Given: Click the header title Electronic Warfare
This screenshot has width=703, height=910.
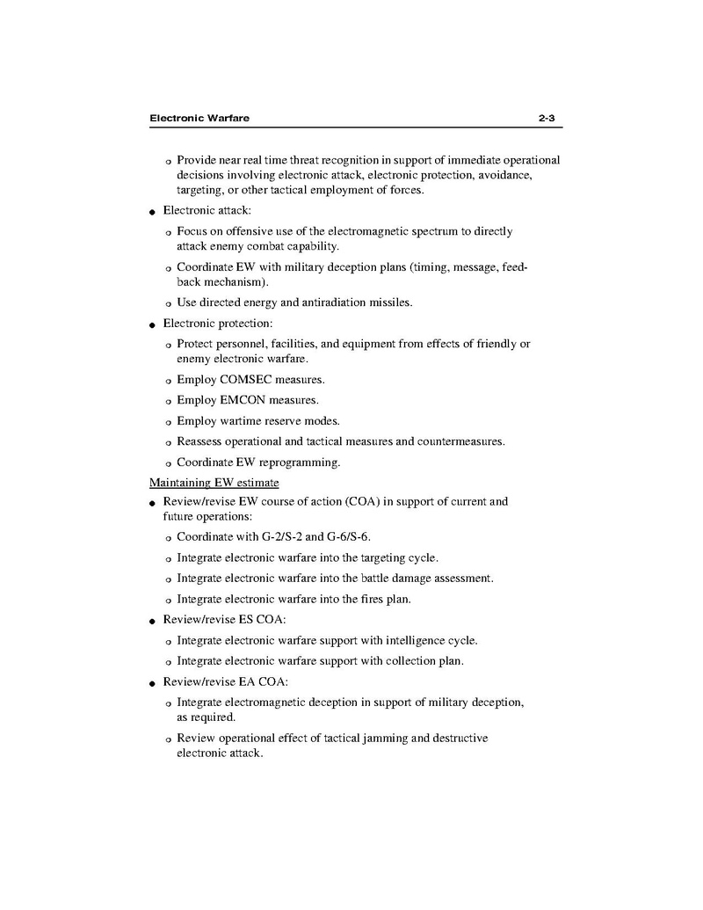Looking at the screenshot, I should [199, 118].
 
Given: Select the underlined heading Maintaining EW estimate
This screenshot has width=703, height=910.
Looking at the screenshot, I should [214, 483].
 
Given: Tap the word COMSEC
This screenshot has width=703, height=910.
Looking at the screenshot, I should [243, 380].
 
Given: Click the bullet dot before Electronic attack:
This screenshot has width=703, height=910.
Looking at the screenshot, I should [153, 212].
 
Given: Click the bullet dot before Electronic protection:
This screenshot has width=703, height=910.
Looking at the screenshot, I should [153, 324].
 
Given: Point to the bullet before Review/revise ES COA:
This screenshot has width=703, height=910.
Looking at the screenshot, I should [153, 621].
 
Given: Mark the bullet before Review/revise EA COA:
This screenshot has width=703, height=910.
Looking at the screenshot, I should [153, 682].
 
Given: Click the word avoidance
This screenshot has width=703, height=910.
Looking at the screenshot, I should [501, 176].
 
